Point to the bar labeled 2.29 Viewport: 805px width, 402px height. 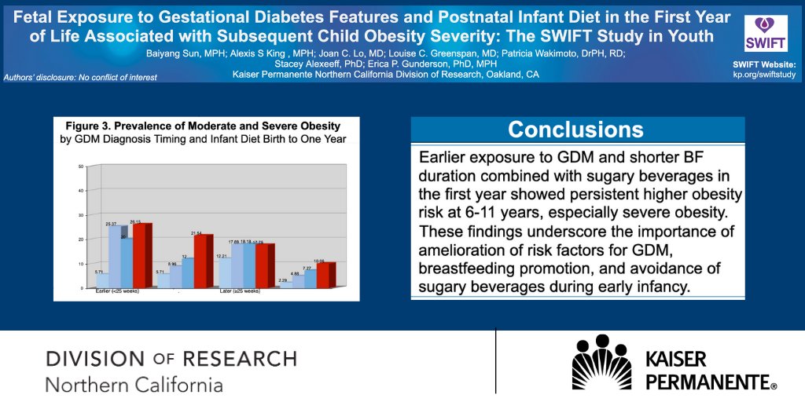[x=285, y=285]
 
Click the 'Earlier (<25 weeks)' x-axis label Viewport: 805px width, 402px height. [x=113, y=291]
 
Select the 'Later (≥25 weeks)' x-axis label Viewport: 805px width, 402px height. [x=239, y=291]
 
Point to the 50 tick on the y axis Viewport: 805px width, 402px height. [x=81, y=166]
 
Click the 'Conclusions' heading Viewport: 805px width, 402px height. [x=576, y=130]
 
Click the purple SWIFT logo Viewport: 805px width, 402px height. [x=760, y=33]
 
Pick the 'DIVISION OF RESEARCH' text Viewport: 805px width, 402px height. [x=171, y=359]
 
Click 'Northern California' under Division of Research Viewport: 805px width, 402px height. [x=134, y=385]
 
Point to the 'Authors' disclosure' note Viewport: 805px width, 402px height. [x=80, y=78]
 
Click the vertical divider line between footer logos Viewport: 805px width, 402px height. [x=495, y=361]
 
